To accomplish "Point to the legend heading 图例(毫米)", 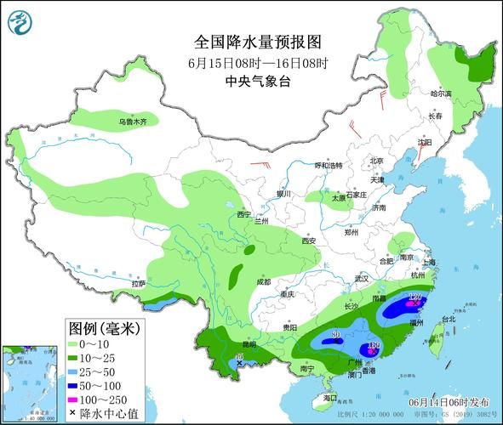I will point(105,328).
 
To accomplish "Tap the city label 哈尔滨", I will point(441,93).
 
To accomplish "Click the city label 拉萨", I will point(139,283).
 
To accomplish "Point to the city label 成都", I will point(263,281).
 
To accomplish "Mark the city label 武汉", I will point(361,278).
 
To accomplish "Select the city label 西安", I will point(307,241).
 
